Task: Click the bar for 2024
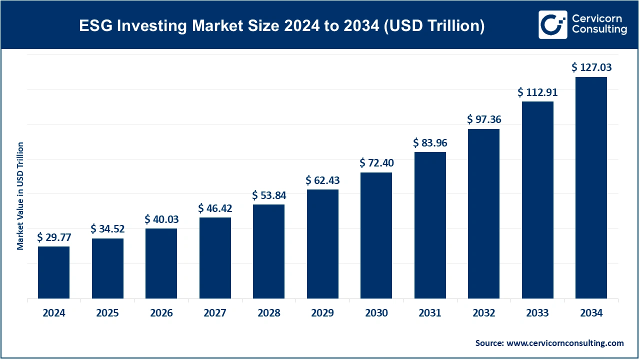click(53, 272)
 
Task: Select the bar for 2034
click(591, 188)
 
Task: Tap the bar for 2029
click(322, 244)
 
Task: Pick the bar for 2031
click(430, 225)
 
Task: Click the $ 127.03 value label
click(591, 67)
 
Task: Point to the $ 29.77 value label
click(53, 236)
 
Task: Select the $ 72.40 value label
click(376, 163)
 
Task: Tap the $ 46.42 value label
click(215, 207)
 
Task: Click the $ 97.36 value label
click(483, 119)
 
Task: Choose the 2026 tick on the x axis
click(161, 313)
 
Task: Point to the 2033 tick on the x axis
click(537, 313)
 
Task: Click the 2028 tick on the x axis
click(268, 313)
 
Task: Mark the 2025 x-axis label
click(107, 313)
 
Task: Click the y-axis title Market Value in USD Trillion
click(20, 196)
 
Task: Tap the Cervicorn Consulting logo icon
click(552, 24)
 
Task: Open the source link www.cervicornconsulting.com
click(565, 343)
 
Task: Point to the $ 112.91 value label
click(537, 92)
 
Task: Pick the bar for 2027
click(215, 258)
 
